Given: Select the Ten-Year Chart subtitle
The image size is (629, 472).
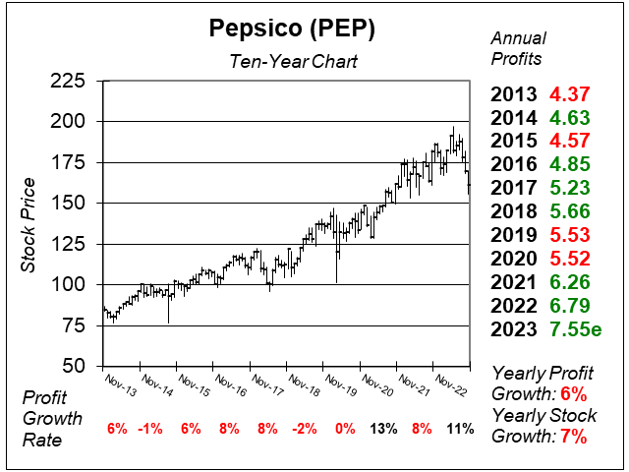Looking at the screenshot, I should point(285,62).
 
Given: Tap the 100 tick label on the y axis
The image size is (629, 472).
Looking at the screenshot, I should point(67,284).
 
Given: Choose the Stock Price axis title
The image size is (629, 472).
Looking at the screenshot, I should point(29,224).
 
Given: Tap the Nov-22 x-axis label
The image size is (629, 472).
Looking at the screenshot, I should point(453,382).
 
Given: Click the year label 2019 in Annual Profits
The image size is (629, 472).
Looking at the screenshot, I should point(514,235).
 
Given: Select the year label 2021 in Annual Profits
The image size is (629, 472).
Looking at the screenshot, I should point(514,282).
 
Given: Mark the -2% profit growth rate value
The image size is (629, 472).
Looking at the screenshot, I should point(307,429).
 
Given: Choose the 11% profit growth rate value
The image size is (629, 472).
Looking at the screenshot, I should point(460,429).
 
